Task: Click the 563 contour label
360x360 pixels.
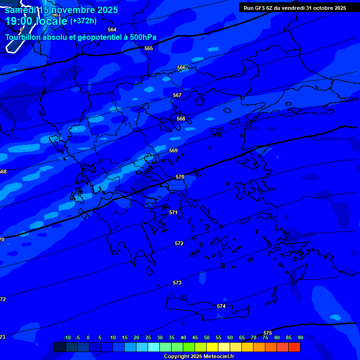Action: point(56,15)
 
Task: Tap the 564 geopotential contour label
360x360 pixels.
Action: point(112,30)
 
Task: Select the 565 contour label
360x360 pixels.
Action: point(149,48)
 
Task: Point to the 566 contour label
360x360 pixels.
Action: point(181,68)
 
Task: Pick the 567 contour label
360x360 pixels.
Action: point(177,95)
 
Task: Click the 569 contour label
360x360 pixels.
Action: point(173,150)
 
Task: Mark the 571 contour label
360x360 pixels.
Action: point(173,212)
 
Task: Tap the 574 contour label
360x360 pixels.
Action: point(221,306)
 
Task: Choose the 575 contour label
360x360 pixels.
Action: point(268,333)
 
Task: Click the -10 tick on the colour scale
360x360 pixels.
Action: point(67,337)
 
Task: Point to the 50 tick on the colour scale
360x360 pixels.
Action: point(207,337)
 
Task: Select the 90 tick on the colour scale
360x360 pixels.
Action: point(300,337)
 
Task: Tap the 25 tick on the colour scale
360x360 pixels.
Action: point(148,337)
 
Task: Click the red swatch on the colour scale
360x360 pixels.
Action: point(294,347)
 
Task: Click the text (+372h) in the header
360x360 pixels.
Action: point(83,21)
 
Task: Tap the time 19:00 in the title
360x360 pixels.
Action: point(18,21)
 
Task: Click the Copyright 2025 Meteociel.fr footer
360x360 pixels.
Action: point(199,356)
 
